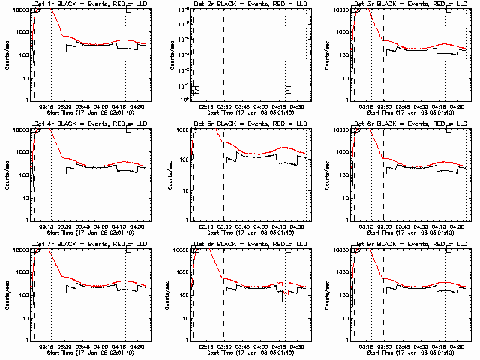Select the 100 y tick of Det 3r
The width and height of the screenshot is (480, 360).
(x=335, y=55)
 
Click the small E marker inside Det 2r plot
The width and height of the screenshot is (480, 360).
(x=286, y=90)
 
